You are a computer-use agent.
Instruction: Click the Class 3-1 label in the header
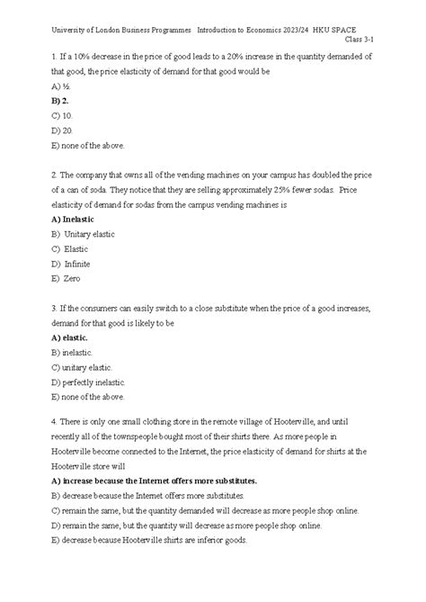374,40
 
